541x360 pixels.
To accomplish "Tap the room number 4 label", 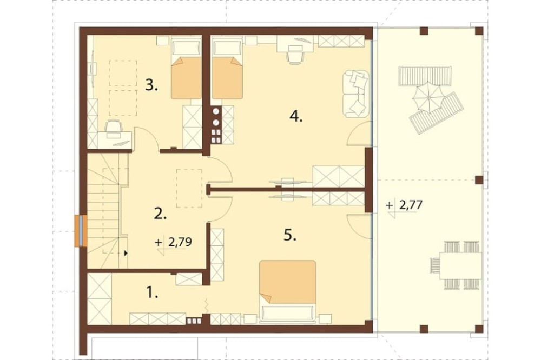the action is point(296,116).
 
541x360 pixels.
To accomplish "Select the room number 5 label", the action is point(290,235).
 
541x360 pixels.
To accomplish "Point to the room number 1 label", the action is point(152,293).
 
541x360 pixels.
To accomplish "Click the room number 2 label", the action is point(161,214).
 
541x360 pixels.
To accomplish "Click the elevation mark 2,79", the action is point(174,243).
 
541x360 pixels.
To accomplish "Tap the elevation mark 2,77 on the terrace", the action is point(404,206).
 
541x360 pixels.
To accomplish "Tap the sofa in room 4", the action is point(356,93).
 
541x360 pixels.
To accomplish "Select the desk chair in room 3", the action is point(113,127).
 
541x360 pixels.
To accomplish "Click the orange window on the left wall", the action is point(81,231).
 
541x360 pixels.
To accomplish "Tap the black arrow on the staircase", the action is point(126,253).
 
